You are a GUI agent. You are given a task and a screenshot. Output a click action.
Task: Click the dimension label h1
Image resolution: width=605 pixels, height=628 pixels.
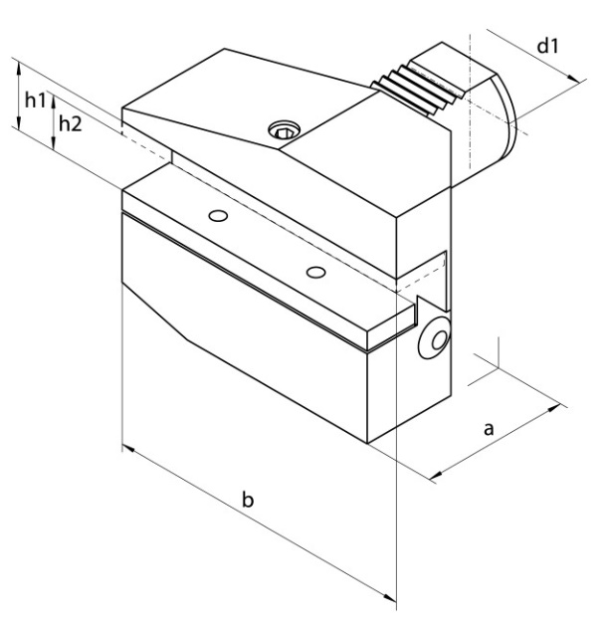click(x=36, y=101)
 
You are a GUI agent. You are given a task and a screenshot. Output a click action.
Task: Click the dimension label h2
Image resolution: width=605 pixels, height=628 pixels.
click(x=70, y=124)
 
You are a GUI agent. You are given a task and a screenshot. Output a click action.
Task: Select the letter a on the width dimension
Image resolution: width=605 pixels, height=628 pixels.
click(x=489, y=429)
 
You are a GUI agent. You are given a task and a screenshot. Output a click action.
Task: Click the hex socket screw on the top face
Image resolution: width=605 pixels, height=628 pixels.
click(x=286, y=130)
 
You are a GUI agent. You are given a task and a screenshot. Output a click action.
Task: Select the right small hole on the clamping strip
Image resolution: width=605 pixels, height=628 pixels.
click(x=315, y=271)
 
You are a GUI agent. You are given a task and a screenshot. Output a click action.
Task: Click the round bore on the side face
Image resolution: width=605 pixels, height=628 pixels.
click(x=433, y=342)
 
